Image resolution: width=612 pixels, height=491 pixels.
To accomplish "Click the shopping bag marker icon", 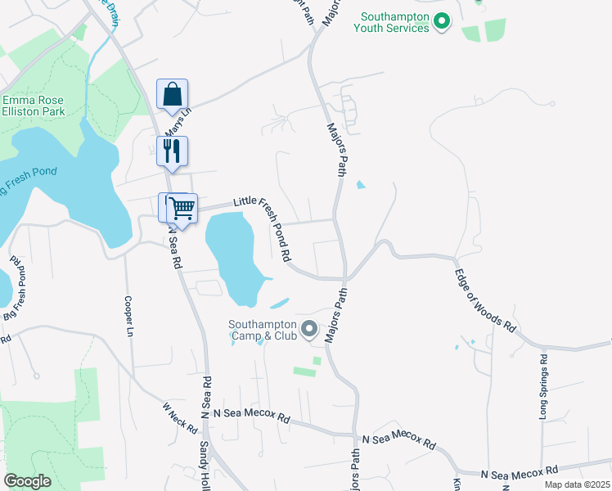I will (x=172, y=95).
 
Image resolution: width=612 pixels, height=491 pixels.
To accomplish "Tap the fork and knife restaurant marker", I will (x=172, y=151).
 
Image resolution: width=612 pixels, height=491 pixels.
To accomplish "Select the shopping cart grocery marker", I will (x=182, y=207).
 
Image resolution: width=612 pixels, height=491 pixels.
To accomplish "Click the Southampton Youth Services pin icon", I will (x=442, y=21).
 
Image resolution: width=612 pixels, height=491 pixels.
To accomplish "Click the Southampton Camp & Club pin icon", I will (x=309, y=329).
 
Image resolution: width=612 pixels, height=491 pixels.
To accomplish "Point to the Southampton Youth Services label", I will (x=391, y=22).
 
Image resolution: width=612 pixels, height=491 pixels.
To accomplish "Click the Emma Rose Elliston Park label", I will (x=34, y=104).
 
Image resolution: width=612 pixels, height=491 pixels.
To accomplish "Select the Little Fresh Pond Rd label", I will (x=263, y=227).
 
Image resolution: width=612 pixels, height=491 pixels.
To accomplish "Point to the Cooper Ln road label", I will (x=128, y=317).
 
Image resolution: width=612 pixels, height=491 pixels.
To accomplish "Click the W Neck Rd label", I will (x=180, y=417).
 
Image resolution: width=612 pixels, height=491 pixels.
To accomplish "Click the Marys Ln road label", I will (x=177, y=123).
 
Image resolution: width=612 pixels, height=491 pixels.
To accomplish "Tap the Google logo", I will (x=26, y=481).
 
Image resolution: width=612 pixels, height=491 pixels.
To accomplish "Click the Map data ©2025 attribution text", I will (x=577, y=484).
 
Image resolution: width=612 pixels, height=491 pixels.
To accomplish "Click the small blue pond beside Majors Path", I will (x=361, y=185).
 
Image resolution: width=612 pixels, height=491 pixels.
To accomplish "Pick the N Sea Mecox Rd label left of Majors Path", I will (x=251, y=417).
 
